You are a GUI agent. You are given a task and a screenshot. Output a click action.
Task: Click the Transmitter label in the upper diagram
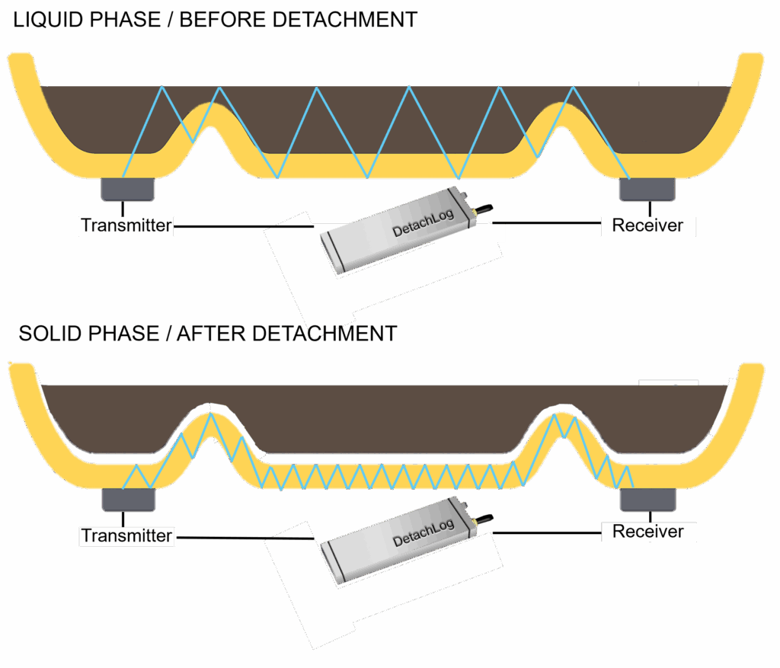point(126,225)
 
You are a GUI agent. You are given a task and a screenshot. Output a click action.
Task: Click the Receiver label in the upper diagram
point(647,225)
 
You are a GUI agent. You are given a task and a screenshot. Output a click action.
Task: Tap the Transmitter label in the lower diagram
point(126,535)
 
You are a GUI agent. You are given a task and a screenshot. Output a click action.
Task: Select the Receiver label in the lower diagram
point(647,531)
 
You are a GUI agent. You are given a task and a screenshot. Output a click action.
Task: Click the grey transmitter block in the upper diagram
point(128,189)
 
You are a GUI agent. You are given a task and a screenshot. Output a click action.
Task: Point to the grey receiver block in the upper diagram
point(647,189)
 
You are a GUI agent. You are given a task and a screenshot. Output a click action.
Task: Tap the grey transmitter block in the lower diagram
point(128,500)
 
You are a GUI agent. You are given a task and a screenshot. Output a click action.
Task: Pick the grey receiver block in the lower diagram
point(647,500)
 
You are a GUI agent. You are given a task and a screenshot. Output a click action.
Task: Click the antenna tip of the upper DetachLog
point(487,206)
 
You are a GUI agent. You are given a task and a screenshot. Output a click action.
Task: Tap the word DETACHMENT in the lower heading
point(325,334)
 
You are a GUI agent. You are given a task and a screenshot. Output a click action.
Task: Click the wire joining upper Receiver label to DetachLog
point(548,223)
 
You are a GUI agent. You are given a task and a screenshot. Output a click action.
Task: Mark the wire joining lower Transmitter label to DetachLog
point(244,537)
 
